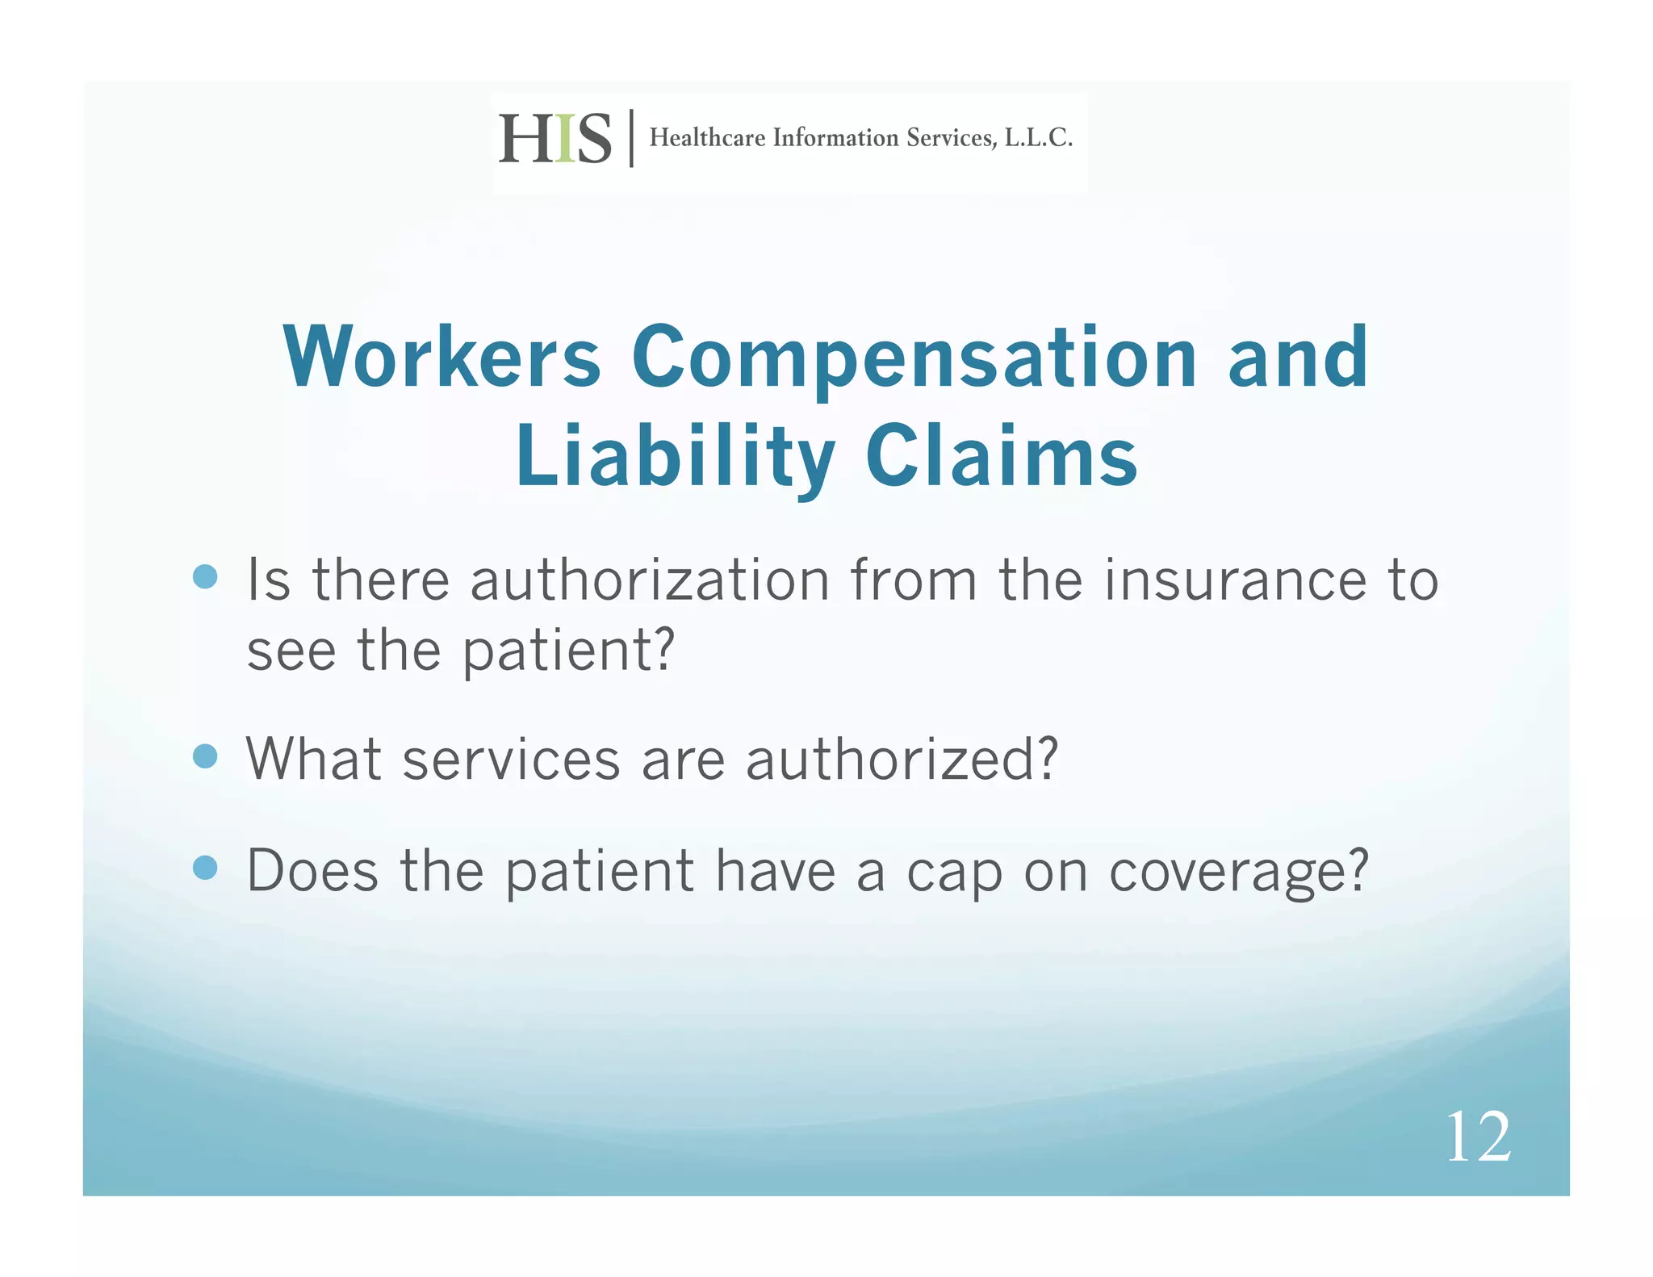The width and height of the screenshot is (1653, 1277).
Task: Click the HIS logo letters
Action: pyautogui.click(x=554, y=139)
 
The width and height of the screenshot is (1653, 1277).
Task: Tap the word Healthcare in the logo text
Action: pyautogui.click(x=707, y=138)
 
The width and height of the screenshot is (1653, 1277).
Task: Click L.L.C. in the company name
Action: pyautogui.click(x=1038, y=138)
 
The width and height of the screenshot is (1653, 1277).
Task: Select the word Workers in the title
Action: pyautogui.click(x=442, y=358)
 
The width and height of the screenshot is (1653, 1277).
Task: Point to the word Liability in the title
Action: pyautogui.click(x=676, y=458)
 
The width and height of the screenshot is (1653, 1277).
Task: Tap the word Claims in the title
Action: pyautogui.click(x=1001, y=457)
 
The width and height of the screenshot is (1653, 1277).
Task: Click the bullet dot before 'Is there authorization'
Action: pyautogui.click(x=206, y=577)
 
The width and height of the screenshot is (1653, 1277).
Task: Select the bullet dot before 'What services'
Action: pyautogui.click(x=206, y=756)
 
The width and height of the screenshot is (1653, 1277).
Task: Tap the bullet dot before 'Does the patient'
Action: pyautogui.click(x=206, y=868)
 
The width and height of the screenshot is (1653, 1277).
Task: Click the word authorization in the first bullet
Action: pyautogui.click(x=650, y=580)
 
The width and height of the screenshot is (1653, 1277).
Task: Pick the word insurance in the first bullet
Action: pyautogui.click(x=1235, y=580)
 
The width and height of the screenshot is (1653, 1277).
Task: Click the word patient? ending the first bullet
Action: pyautogui.click(x=567, y=651)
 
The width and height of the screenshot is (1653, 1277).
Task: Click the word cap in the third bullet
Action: pyautogui.click(x=954, y=873)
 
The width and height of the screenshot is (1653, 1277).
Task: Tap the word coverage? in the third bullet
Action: pyautogui.click(x=1238, y=873)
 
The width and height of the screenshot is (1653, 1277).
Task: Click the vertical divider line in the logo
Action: pyautogui.click(x=631, y=138)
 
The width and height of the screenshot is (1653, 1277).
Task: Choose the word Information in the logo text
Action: pyautogui.click(x=835, y=138)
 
